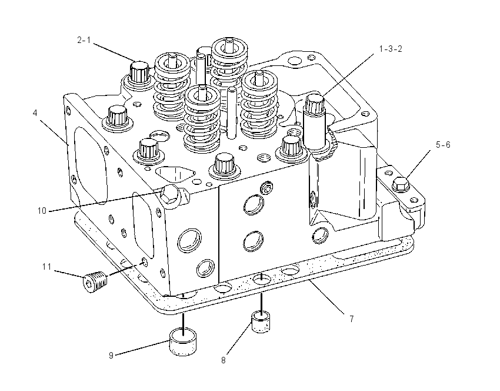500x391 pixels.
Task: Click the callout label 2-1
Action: (x=84, y=40)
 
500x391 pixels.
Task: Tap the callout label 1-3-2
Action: (x=391, y=49)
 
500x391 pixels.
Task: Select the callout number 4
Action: (x=35, y=113)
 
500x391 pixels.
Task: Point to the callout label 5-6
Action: (x=443, y=145)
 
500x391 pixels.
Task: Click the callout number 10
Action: (x=42, y=211)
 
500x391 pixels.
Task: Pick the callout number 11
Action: (x=47, y=267)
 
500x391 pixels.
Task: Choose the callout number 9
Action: (x=111, y=355)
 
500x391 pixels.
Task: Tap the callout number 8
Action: (x=223, y=360)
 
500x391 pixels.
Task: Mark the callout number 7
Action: (x=351, y=319)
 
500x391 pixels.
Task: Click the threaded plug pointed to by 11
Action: (x=95, y=281)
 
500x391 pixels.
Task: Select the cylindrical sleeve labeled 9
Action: (x=183, y=342)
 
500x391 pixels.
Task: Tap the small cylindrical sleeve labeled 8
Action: (x=261, y=322)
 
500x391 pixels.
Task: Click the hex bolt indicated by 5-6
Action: (x=401, y=184)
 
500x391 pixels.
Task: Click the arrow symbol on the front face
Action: (x=267, y=187)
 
